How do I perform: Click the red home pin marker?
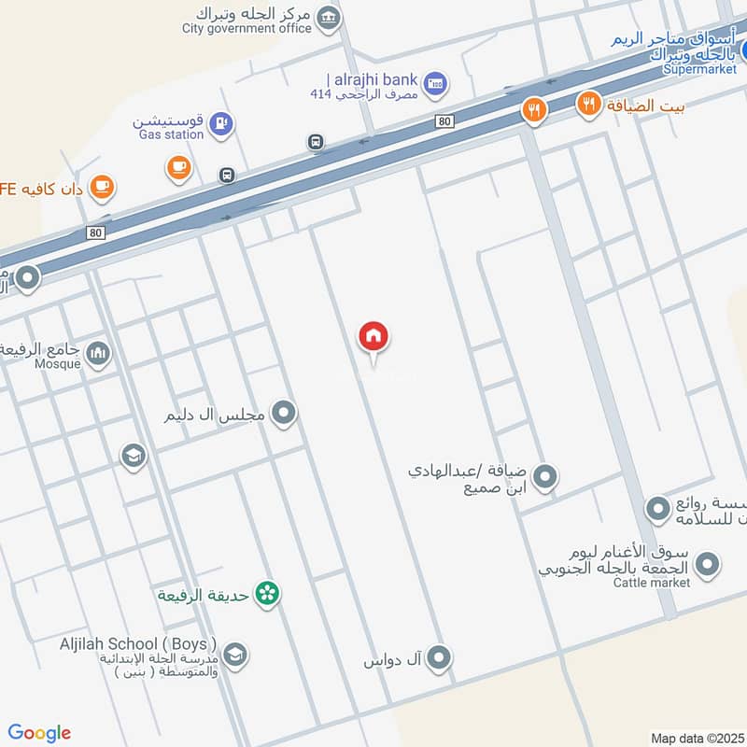(x=373, y=337)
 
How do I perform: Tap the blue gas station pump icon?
(x=220, y=122)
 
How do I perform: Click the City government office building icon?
(x=328, y=17)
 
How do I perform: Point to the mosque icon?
(x=98, y=353)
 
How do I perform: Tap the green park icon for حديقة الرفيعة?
(x=268, y=594)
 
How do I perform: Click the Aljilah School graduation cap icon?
(x=235, y=655)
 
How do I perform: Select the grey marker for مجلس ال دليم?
(x=284, y=413)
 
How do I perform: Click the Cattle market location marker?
(x=707, y=564)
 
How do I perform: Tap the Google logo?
(x=39, y=733)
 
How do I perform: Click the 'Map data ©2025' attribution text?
(x=698, y=739)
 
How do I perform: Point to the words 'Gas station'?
(x=171, y=135)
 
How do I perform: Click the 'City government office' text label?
(x=247, y=29)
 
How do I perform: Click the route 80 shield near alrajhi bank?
(x=444, y=121)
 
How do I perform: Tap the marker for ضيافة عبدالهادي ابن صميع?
(x=546, y=478)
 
